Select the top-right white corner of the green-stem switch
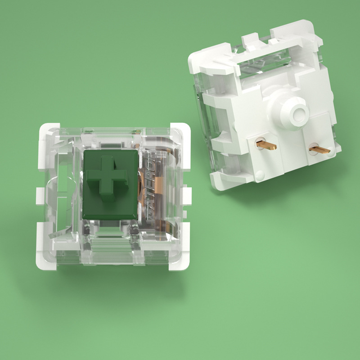click(179, 130)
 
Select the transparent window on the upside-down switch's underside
click(261, 63)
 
